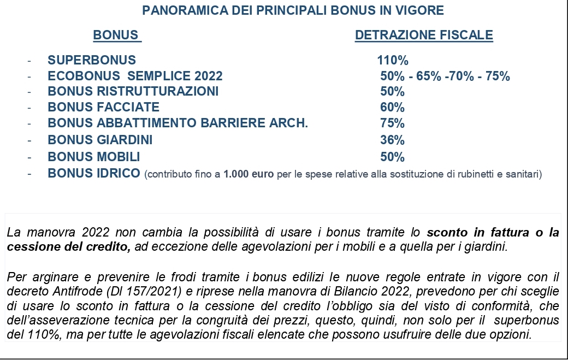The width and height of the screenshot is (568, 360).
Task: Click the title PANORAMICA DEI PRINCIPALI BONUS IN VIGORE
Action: coord(293,10)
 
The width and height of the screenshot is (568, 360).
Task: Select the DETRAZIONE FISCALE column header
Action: coord(424,36)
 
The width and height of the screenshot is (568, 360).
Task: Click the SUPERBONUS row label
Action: coord(92,60)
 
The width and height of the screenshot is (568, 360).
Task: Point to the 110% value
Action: coord(393,60)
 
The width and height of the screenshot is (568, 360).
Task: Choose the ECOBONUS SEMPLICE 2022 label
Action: coord(135,76)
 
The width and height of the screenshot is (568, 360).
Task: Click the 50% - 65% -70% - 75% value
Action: coord(445,76)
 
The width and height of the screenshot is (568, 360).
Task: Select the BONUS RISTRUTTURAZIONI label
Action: coord(133,91)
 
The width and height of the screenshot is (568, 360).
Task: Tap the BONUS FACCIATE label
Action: coord(104,107)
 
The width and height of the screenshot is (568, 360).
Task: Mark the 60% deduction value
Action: coord(392,107)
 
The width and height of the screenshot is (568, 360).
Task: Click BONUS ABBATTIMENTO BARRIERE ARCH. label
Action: coord(178,123)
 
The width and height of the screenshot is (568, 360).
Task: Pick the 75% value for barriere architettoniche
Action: coord(392,123)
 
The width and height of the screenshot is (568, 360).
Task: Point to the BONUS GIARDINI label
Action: coord(100,140)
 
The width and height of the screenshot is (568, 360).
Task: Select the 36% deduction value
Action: coord(392,140)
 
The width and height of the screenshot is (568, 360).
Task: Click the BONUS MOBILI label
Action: coord(94,157)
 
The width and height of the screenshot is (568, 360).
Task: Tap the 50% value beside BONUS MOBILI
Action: coord(392,157)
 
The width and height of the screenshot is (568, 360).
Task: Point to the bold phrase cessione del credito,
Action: coord(69,246)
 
